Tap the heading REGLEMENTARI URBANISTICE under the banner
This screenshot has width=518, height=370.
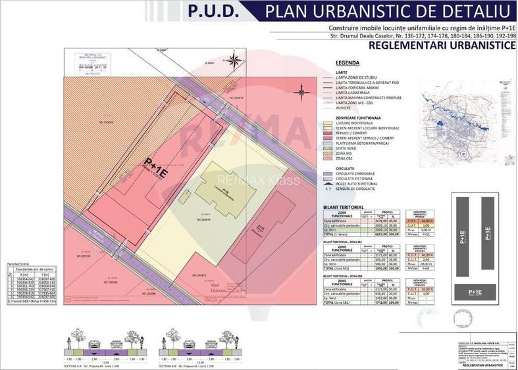tap(441, 47)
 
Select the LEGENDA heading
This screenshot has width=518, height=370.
tap(347, 62)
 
